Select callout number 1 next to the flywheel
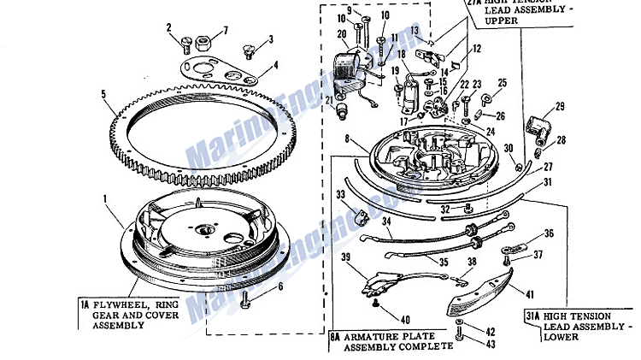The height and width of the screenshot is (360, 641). tap(106, 199)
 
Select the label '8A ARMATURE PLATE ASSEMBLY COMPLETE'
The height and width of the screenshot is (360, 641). tap(392, 341)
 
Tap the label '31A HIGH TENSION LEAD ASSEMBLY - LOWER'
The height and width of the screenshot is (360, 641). tap(579, 326)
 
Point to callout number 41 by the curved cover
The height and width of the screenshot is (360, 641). tap(530, 292)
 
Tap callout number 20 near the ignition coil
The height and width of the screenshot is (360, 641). tap(342, 33)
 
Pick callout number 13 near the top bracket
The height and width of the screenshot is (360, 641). tap(415, 29)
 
